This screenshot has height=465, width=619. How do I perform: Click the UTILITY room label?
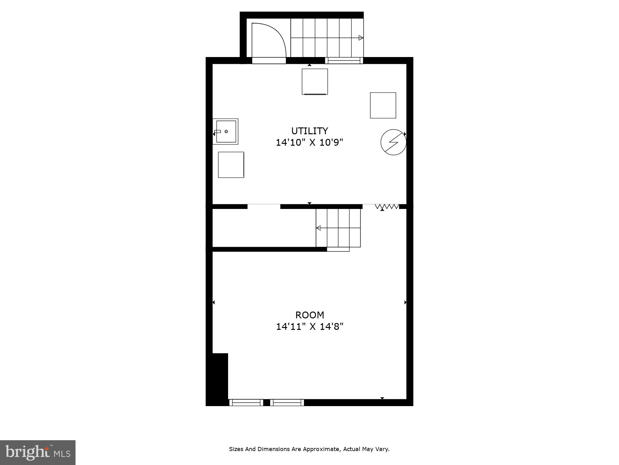coord(309,131)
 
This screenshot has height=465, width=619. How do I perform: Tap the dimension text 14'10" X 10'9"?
coord(309,143)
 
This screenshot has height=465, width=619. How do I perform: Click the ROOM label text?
coord(310,315)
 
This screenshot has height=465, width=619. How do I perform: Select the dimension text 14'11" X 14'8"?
coord(310,327)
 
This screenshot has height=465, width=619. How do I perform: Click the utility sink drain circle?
coord(226,131)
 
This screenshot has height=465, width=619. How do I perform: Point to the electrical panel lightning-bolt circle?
coord(393,142)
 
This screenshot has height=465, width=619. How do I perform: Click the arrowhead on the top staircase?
coord(361,38)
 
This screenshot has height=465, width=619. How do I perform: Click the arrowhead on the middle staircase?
coord(318,228)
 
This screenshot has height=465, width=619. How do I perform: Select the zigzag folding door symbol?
coord(387,206)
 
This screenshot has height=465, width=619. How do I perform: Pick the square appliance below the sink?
coord(231,165)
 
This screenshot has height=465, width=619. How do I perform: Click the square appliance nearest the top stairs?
coord(315,82)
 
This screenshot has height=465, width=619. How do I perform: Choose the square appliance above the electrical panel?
coord(383,105)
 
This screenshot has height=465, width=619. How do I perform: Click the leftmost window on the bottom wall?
coord(246,402)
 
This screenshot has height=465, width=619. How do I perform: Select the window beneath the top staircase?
coord(344,60)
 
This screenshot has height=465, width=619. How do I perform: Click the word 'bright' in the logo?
coord(28,452)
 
